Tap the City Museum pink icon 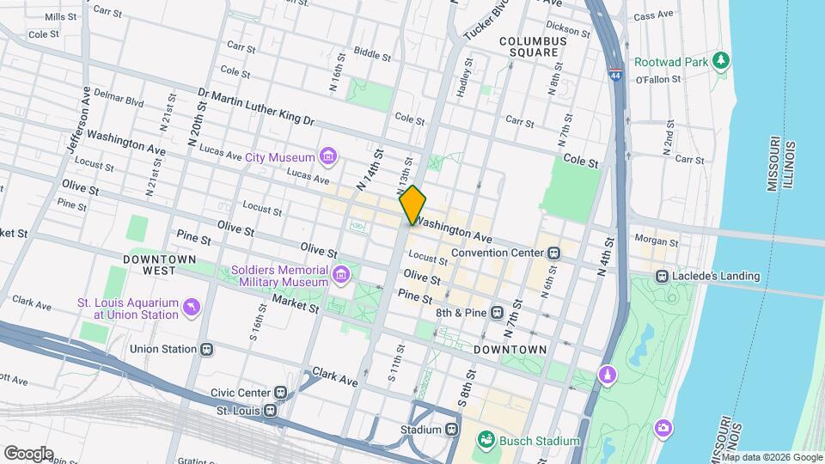(327, 157)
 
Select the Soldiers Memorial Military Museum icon (342, 275)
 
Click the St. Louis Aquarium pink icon (191, 307)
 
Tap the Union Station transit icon (205, 350)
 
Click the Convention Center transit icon (554, 253)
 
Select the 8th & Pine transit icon (497, 313)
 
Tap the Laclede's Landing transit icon (662, 276)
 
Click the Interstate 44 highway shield (616, 75)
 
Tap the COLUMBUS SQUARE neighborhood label (532, 46)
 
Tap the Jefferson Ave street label (78, 119)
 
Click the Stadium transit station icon (452, 429)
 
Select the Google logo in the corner (28, 453)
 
